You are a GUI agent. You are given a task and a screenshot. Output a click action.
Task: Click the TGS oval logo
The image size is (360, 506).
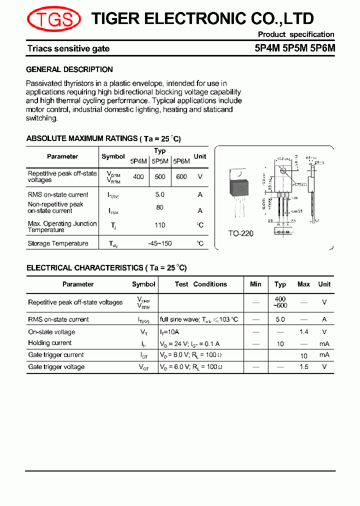[54, 19]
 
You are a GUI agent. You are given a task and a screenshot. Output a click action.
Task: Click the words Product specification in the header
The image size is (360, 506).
[296, 34]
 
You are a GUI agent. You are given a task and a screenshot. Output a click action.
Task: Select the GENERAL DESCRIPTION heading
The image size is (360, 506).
[69, 69]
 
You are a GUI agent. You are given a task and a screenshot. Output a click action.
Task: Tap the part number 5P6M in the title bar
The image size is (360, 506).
[323, 48]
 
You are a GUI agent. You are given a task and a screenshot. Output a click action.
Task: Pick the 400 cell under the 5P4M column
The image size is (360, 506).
[138, 176]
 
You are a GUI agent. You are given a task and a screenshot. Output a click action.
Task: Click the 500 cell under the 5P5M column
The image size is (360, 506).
[160, 176]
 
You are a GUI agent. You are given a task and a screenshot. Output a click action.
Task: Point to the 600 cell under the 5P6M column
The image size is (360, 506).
[181, 176]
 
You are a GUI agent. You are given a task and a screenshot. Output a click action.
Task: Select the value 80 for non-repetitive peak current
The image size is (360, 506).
[160, 207]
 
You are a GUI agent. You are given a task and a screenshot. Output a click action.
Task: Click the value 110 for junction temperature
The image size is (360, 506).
[160, 225]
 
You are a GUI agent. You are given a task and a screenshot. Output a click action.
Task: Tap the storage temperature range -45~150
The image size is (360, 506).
[160, 243]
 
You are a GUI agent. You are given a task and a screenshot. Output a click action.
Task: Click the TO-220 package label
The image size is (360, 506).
[241, 233]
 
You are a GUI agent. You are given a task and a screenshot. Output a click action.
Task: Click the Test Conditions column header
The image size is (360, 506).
[201, 284]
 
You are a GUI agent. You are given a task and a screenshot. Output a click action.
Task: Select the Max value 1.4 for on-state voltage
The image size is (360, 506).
[303, 332]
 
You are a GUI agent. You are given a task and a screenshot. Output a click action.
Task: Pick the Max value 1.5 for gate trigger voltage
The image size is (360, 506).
[303, 367]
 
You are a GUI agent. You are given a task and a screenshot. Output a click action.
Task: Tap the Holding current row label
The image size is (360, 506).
[50, 343]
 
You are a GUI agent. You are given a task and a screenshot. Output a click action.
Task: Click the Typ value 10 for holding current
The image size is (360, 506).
[280, 344]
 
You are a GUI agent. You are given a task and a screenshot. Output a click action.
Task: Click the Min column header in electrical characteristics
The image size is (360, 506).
[255, 284]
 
